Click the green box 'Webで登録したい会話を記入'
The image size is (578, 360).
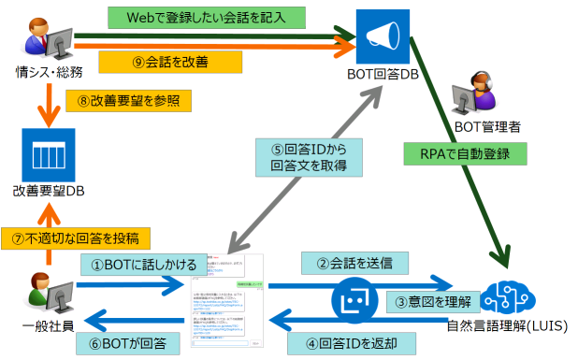pos(207,17)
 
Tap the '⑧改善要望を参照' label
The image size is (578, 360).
pos(123,100)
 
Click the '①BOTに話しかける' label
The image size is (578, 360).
pos(135,264)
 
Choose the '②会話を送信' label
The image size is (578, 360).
pos(348,263)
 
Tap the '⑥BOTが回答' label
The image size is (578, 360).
pos(135,342)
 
